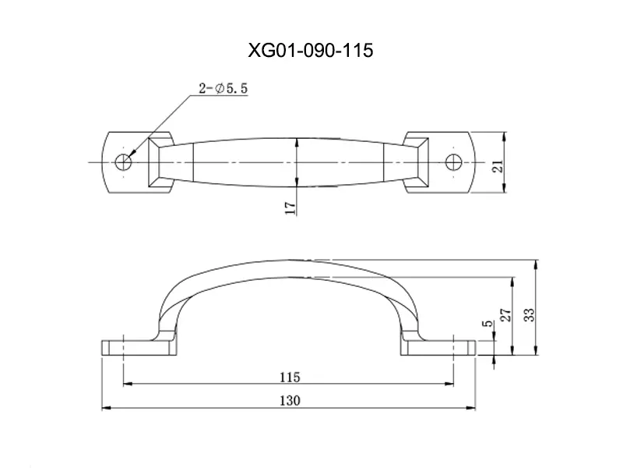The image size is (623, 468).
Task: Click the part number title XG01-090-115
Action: (311, 51)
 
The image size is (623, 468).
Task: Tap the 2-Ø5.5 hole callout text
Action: (224, 88)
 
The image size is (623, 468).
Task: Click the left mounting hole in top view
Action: (123, 162)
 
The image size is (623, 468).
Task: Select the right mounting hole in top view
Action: (453, 162)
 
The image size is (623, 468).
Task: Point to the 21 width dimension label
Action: (498, 166)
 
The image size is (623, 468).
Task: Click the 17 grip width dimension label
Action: (290, 208)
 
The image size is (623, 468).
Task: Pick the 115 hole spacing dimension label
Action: (290, 377)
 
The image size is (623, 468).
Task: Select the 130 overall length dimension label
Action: (290, 400)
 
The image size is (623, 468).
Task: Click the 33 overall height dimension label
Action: (530, 314)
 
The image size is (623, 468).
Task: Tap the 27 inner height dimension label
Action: (505, 315)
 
